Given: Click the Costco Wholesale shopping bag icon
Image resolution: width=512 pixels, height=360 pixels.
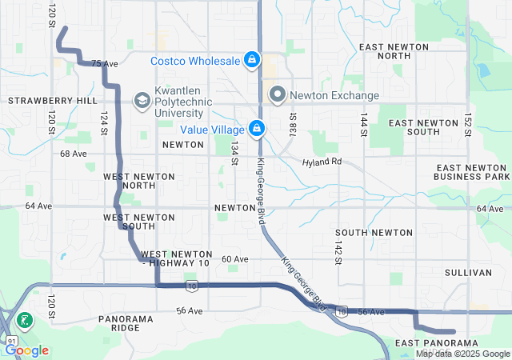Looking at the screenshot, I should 252,60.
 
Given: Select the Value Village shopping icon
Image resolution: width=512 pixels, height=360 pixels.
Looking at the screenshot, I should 257,128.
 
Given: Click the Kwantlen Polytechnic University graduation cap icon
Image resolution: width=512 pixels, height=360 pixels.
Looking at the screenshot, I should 142,100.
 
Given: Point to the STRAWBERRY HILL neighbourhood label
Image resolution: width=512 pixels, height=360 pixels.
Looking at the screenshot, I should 53,101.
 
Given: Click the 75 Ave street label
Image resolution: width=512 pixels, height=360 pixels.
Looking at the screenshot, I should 105,63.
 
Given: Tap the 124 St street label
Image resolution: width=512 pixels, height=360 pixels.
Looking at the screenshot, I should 103,122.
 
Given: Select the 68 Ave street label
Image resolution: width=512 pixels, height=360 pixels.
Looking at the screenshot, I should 73,153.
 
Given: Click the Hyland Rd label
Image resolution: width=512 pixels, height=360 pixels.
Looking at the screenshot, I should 322,162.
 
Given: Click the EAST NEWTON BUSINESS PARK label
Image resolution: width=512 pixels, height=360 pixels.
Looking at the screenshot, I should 471,171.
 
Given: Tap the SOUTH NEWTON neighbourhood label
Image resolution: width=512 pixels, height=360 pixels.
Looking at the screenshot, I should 379,232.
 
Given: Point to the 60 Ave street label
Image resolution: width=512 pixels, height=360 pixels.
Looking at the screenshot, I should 235,259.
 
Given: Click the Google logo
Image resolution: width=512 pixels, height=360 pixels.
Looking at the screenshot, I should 26,350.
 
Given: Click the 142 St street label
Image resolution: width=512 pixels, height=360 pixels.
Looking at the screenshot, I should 338,249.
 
